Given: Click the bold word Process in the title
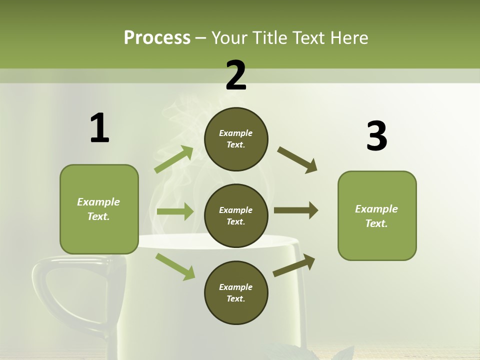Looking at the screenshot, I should tap(157, 38).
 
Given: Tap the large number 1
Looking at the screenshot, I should tap(99, 128).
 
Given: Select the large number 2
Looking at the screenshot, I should tap(236, 75).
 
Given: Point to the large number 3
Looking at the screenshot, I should tap(376, 136).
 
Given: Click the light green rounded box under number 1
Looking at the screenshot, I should tap(99, 209).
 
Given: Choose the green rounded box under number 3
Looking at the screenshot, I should tap(377, 215).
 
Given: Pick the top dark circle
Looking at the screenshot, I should tap(236, 139).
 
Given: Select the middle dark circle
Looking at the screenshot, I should tap(236, 215).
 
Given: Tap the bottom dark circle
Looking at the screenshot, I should tap(236, 292).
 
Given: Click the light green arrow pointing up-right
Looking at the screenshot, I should tap(173, 159).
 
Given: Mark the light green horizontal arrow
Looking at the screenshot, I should tap(175, 211).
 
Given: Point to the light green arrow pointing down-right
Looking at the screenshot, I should tap(175, 266).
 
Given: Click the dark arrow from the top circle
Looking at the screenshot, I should tap(297, 160).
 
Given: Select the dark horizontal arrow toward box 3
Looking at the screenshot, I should tap(296, 210).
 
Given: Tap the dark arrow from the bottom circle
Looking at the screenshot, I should tap(294, 265).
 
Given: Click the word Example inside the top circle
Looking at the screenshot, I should tap(235, 133).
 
